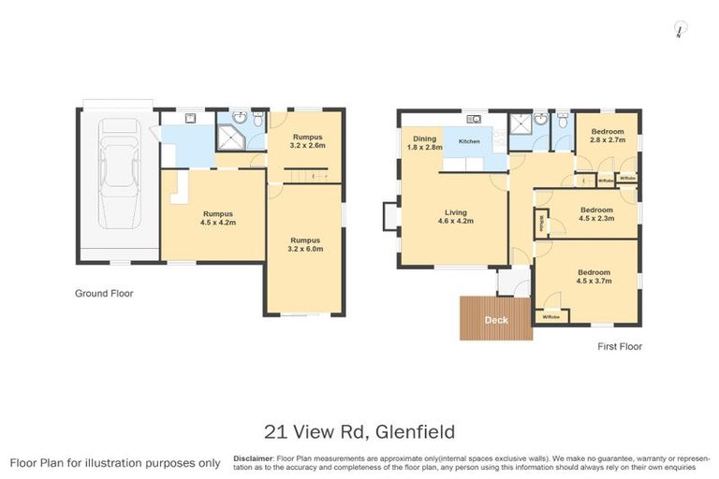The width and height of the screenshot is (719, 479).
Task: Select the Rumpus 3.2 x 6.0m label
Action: (305, 245)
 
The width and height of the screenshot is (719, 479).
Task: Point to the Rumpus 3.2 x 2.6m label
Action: (307, 141)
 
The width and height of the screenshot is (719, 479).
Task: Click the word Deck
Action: (495, 321)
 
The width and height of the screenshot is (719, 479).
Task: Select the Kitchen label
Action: (469, 141)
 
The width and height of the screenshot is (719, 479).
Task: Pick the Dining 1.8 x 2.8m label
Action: (423, 143)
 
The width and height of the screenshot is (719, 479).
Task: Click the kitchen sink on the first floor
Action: (474, 119)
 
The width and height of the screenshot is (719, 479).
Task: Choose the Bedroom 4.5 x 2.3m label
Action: (595, 214)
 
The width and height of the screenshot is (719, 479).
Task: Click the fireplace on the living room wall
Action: (389, 216)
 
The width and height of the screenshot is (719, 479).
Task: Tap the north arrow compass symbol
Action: (677, 31)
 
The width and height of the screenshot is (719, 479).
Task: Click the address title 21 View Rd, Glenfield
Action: (360, 431)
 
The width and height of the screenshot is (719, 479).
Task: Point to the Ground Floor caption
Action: (104, 293)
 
